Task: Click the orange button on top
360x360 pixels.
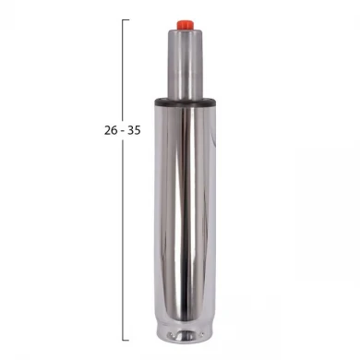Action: [185, 25]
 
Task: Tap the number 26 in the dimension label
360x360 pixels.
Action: [111, 130]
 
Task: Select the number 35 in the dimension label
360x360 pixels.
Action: [134, 130]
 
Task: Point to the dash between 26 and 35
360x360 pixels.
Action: [123, 131]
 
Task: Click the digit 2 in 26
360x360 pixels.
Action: [107, 130]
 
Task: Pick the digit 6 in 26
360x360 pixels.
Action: [114, 130]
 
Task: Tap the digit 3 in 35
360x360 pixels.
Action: [130, 130]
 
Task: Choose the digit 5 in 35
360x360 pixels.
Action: [138, 130]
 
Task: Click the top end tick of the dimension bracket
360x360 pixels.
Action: [126, 19]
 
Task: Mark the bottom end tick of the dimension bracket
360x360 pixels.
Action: [126, 340]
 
